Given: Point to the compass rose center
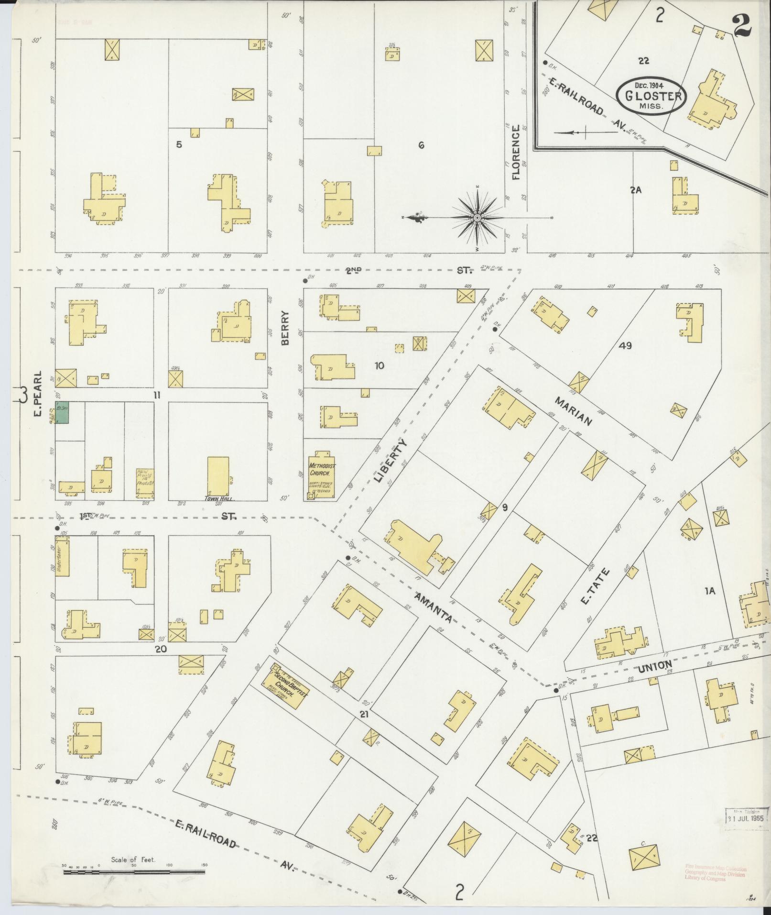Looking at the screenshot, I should click(x=477, y=218).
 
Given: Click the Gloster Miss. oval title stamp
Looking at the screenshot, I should click(x=651, y=95).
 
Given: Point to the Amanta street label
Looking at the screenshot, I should click(x=433, y=607).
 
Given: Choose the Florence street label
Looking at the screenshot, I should click(x=515, y=153).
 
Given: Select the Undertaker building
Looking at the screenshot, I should click(x=62, y=559).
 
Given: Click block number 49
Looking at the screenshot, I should click(x=625, y=345).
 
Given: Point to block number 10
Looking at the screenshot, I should click(x=379, y=366).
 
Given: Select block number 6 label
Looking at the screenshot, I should click(x=421, y=145).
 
